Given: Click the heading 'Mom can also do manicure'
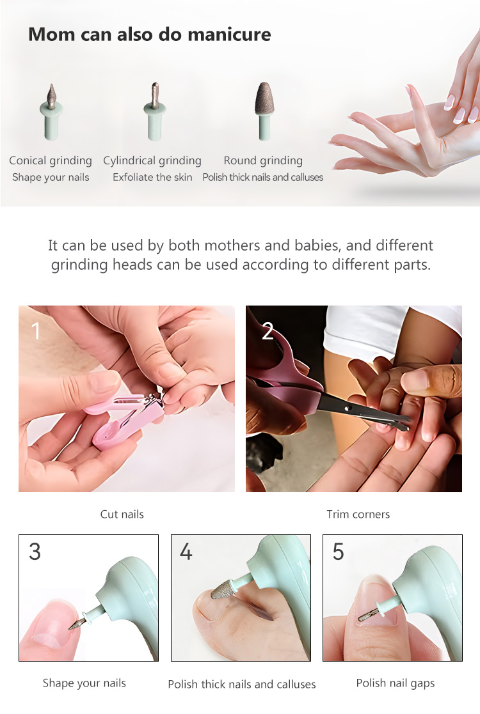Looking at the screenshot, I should (149, 34).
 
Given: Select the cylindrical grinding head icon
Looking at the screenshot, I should (154, 111).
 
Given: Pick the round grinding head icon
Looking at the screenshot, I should (262, 109).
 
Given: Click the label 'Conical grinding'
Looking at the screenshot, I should (51, 160).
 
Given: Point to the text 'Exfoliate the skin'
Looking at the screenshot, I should (152, 177).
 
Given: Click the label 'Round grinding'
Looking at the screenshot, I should (263, 160).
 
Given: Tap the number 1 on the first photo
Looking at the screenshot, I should (36, 330).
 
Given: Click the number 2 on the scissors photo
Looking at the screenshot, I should (268, 330).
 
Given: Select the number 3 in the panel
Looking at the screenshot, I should (35, 552).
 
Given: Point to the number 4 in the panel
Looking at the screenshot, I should (186, 552).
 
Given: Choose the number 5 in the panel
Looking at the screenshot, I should (338, 552).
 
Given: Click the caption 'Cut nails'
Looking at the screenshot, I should (122, 514).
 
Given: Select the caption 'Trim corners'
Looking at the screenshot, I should (358, 514).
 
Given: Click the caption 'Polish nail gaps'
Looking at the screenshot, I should (395, 683).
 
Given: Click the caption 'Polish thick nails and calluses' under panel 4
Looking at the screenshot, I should (241, 684).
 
